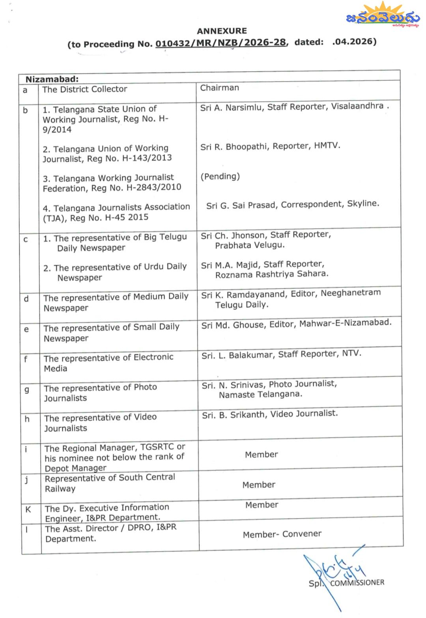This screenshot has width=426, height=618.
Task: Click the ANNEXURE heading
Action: [222, 31]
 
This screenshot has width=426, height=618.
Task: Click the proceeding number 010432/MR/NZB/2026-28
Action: [220, 43]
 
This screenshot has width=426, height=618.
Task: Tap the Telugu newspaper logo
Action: [382, 16]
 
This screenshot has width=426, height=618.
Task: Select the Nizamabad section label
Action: [52, 79]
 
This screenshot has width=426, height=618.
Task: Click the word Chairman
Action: [219, 88]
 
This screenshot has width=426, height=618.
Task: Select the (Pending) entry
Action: [220, 176]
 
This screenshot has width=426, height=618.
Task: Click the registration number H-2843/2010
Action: [154, 187]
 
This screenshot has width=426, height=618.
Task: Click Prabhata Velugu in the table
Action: [250, 245]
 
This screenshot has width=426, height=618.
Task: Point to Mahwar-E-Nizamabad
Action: [345, 323]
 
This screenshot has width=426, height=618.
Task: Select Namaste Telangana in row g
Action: [260, 394]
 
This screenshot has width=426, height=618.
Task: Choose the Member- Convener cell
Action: [282, 534]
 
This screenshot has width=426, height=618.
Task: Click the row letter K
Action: [28, 509]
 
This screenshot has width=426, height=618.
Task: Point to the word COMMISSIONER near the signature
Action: [357, 583]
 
